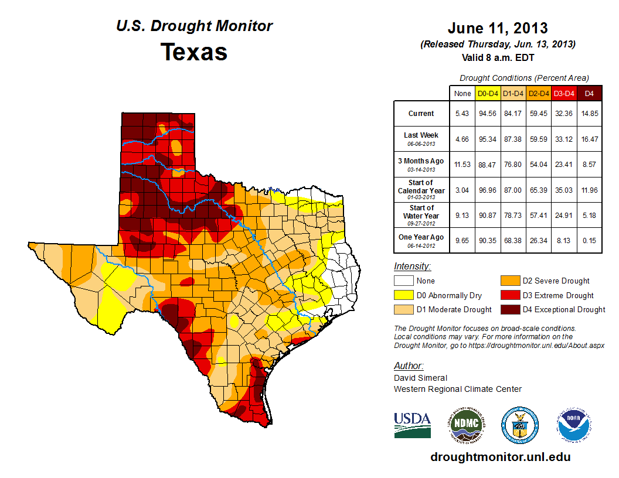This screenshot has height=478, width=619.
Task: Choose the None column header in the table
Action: point(462,93)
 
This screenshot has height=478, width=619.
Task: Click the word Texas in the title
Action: point(194,52)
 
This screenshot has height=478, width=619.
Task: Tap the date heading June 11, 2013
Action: point(498,28)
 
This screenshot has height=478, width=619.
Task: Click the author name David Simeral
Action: point(420,378)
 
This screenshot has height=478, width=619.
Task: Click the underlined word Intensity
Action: point(413,266)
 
